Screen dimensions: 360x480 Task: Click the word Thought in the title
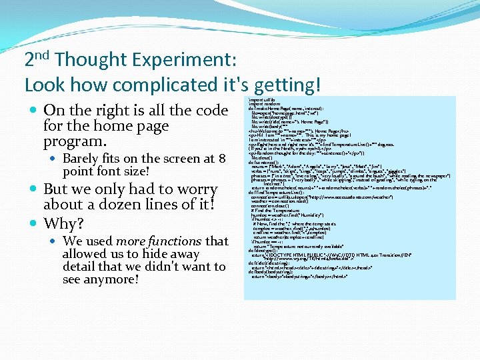[x=86, y=60]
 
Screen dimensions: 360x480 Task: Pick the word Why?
[x=64, y=223]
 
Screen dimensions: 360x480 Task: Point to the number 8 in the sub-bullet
[x=222, y=159]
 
